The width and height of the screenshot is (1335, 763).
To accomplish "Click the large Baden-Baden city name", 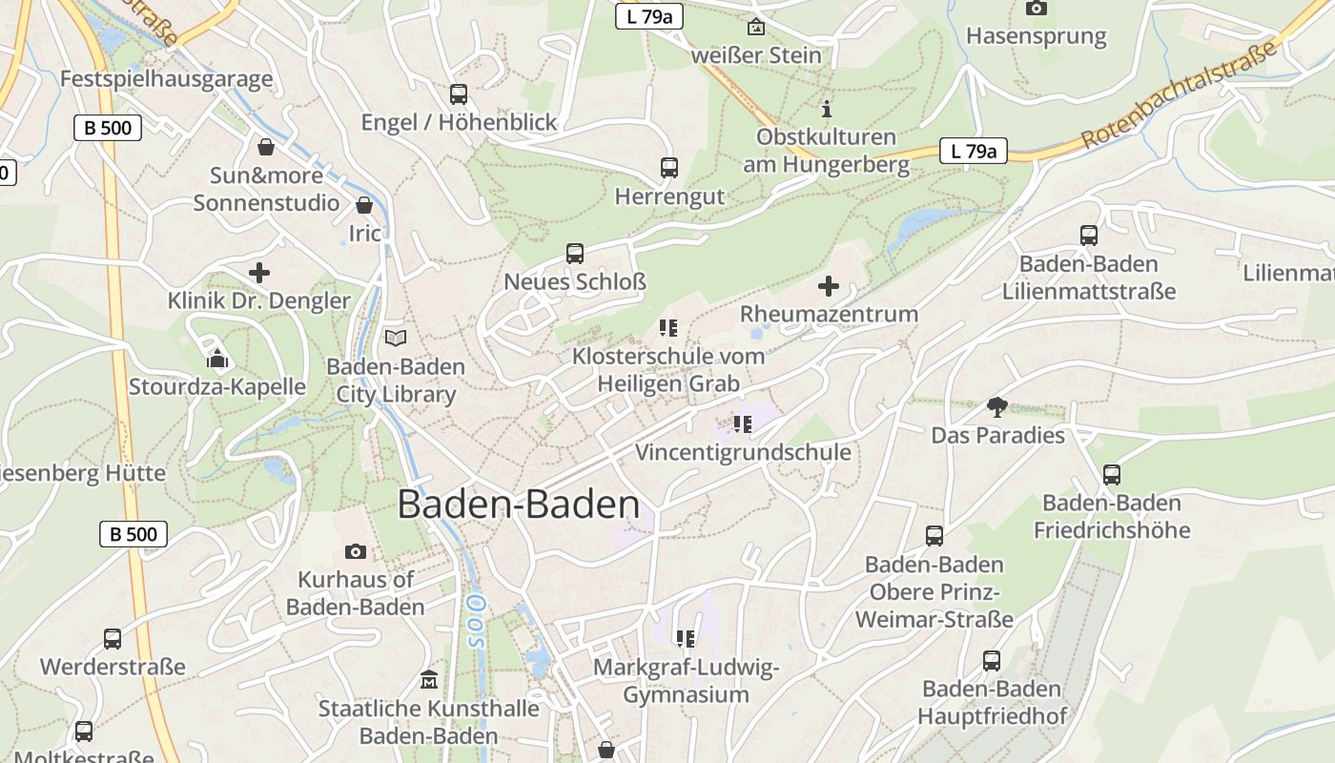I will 518,505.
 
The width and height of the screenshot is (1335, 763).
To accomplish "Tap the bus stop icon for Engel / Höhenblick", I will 459,93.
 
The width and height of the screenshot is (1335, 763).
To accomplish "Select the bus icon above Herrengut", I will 669,168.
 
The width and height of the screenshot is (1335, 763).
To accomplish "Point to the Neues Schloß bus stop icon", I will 575,254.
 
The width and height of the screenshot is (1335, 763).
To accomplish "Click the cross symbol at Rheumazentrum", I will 829,285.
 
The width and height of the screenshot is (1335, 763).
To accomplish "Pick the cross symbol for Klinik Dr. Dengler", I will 258,273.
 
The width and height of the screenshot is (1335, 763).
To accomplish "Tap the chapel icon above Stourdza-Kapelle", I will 217,360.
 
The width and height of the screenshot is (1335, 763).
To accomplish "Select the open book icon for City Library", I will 395,338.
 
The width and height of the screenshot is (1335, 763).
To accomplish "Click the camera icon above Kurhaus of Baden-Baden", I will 355,551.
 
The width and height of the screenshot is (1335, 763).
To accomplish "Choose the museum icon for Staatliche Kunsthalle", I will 429,680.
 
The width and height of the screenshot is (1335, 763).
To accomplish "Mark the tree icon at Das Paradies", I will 997,407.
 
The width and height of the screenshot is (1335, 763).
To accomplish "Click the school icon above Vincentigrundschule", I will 743,423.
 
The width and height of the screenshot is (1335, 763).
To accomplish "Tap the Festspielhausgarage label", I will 166,79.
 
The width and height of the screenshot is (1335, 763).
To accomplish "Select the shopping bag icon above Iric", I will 363,205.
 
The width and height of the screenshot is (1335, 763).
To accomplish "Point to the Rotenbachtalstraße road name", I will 1180,95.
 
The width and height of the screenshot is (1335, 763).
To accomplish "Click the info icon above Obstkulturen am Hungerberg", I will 827,109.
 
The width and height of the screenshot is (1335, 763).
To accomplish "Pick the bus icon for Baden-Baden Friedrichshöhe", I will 1111,474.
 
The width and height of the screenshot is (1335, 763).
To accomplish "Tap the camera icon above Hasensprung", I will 1036,9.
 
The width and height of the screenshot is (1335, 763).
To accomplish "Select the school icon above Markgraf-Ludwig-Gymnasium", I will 685,638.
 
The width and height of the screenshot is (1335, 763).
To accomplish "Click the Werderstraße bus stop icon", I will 113,638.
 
